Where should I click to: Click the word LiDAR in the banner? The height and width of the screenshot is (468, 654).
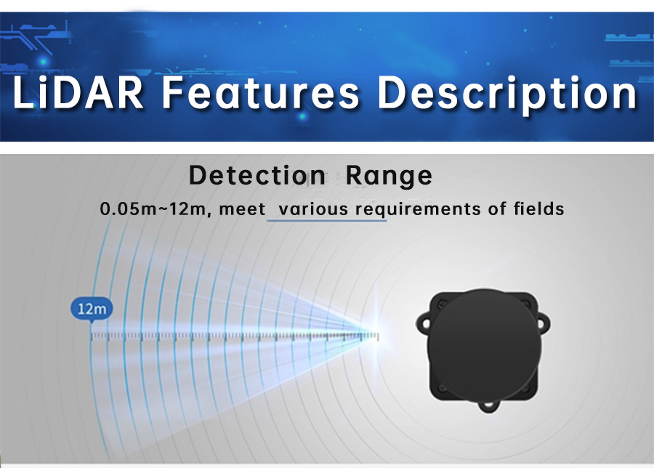pyautogui.click(x=78, y=92)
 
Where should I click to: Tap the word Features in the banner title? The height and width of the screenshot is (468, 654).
pyautogui.click(x=260, y=92)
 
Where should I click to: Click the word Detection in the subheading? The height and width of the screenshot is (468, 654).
pyautogui.click(x=257, y=175)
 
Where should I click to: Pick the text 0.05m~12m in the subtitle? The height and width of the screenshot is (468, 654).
pyautogui.click(x=152, y=209)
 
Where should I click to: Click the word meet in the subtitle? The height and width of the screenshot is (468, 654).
pyautogui.click(x=242, y=209)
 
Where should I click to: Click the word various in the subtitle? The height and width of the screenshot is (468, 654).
pyautogui.click(x=312, y=209)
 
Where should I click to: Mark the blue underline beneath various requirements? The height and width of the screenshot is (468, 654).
pyautogui.click(x=326, y=220)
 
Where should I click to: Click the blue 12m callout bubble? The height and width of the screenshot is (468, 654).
pyautogui.click(x=92, y=310)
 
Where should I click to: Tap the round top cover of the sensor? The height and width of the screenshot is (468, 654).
pyautogui.click(x=484, y=346)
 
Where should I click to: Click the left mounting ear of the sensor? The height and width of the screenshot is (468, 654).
pyautogui.click(x=424, y=323)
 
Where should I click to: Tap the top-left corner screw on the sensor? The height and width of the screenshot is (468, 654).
pyautogui.click(x=442, y=305)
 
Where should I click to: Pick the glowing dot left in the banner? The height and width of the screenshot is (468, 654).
pyautogui.click(x=44, y=62)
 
